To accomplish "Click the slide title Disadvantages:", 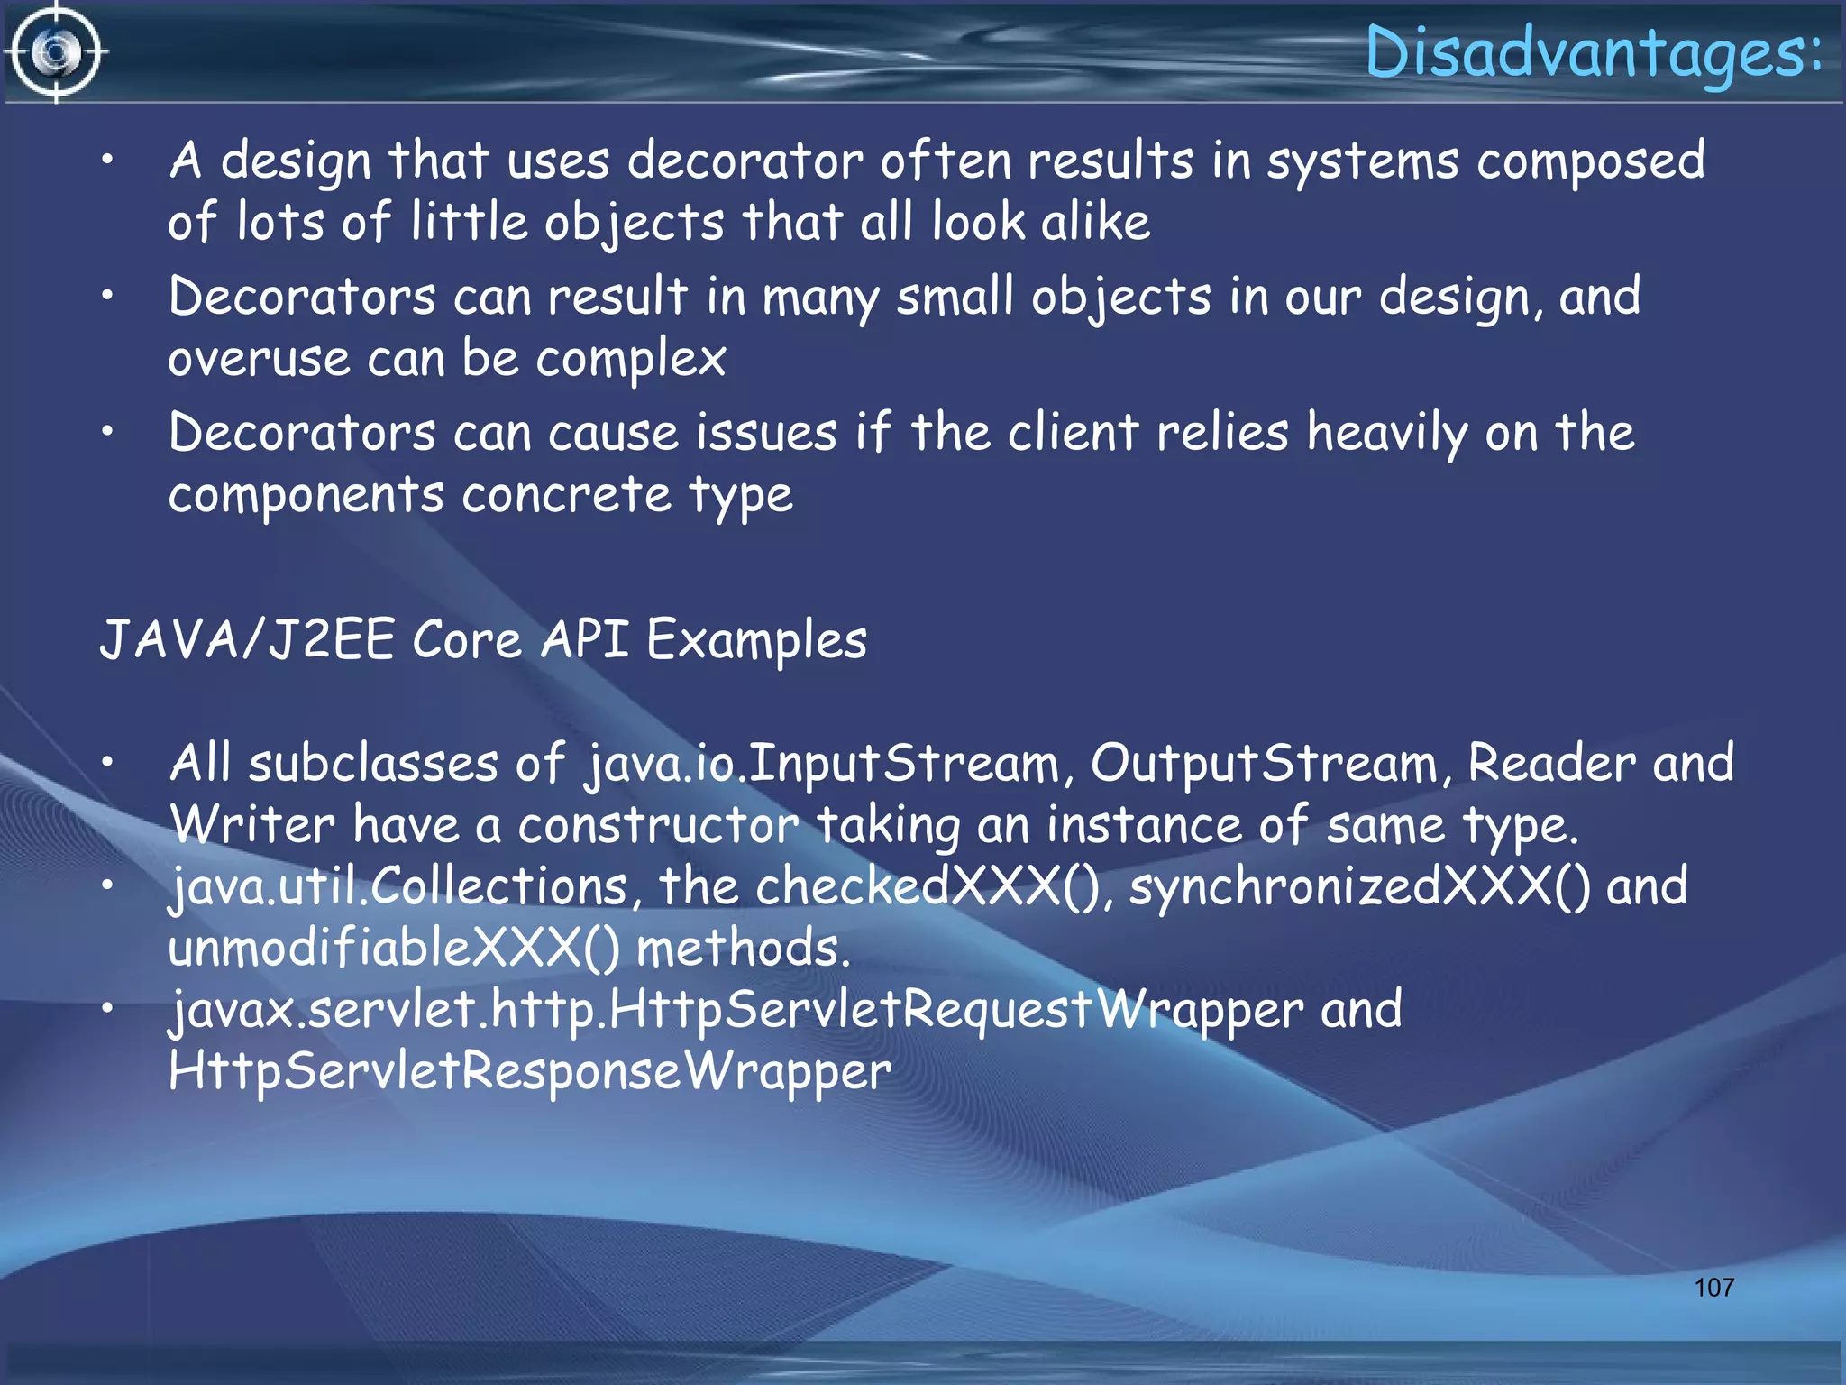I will [x=1594, y=52].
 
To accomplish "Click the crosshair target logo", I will [x=56, y=52].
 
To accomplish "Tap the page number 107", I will [x=1713, y=1287].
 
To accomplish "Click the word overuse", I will [x=259, y=359].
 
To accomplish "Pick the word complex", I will [x=631, y=361].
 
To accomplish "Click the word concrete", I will [x=566, y=495].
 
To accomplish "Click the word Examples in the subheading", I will [x=756, y=641].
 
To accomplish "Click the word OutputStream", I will [x=1264, y=764].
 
